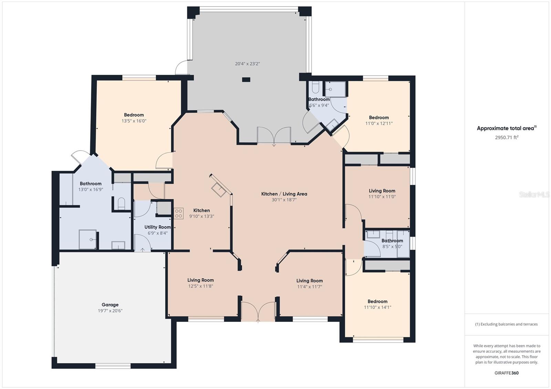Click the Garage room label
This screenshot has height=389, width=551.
(110, 305)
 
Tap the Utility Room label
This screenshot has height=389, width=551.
(157, 227)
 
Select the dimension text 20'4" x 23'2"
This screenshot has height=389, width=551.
(248, 64)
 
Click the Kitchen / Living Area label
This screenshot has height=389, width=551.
(284, 194)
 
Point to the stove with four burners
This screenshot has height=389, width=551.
(179, 214)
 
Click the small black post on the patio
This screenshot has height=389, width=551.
(246, 79)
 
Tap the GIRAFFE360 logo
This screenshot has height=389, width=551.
(507, 373)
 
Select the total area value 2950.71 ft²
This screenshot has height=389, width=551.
(507, 137)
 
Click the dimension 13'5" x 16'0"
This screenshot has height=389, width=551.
(134, 121)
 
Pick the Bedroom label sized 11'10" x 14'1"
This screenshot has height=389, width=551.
(377, 302)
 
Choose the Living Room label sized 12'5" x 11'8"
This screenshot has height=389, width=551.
(200, 280)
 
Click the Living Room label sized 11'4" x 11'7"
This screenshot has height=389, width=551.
(310, 281)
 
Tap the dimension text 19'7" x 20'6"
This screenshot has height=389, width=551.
(110, 311)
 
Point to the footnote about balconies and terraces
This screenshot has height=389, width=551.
(507, 324)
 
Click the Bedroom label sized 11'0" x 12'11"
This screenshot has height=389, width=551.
(379, 118)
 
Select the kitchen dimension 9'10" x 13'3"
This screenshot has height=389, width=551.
(201, 216)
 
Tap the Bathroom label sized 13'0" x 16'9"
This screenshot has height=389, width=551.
(91, 184)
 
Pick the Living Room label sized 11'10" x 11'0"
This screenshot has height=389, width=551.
(382, 191)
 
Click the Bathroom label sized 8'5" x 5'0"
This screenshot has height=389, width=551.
(392, 240)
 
